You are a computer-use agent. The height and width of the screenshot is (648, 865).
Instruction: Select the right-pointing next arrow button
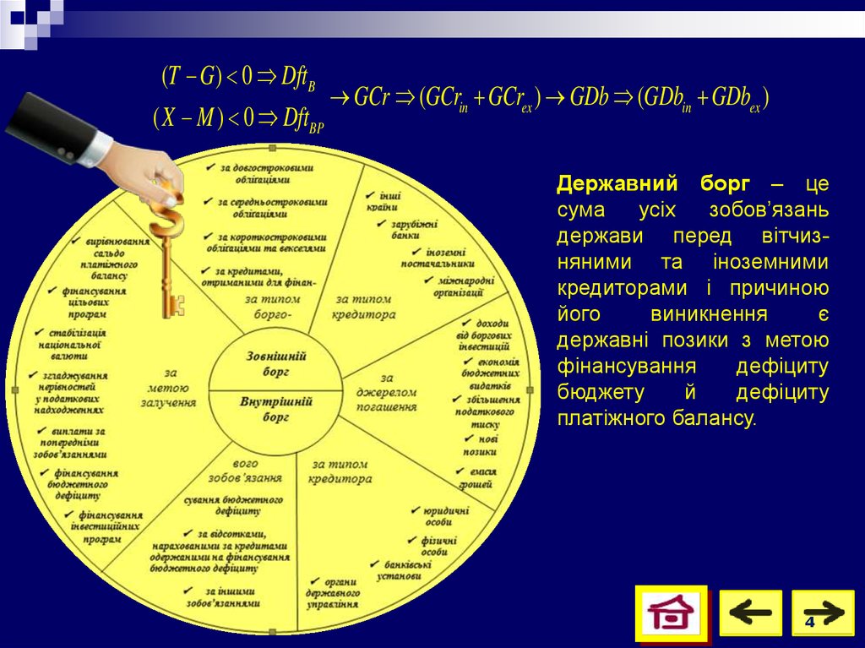[x=822, y=611]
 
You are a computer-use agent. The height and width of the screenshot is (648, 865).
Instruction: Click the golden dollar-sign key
[x=166, y=253]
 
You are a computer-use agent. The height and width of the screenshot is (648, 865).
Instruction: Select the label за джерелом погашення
[x=388, y=392]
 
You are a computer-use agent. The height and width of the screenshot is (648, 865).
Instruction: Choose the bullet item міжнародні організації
[x=459, y=286]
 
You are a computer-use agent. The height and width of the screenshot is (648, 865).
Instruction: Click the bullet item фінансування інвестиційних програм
[x=108, y=525]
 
